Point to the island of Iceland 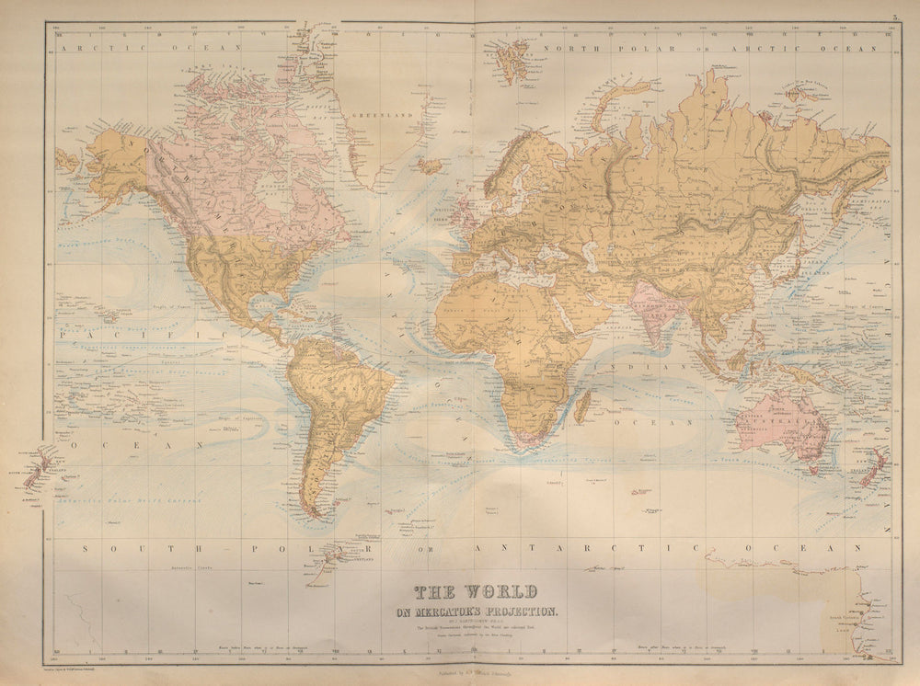click(430, 166)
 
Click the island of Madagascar click(582, 405)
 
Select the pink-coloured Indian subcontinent click(656, 309)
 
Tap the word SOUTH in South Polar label click(117, 548)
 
